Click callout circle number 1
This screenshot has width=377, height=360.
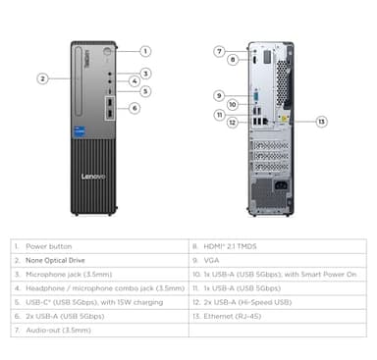pos(144,50)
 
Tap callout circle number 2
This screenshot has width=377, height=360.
pos(43,77)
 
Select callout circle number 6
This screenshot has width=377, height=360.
pos(135,108)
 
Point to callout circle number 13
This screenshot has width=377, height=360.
pos(321,122)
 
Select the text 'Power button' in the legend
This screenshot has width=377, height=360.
pos(49,248)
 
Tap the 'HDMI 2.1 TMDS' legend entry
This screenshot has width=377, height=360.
pos(232,248)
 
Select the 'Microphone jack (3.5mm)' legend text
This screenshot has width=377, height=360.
pos(70,276)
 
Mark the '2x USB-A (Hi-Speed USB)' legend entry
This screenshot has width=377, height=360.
pos(250,303)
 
